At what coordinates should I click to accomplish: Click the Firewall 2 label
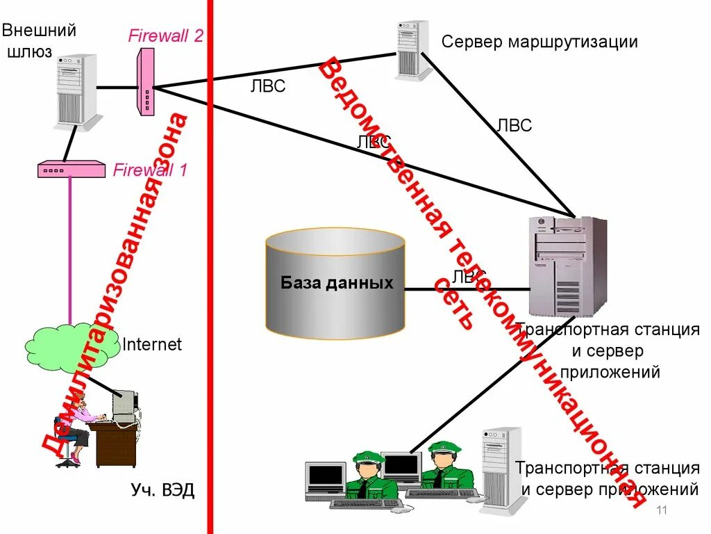165,36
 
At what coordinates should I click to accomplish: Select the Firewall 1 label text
150,169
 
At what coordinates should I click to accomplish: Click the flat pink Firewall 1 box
71,169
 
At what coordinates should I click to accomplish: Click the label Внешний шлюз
39,40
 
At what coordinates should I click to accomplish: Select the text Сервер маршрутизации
539,42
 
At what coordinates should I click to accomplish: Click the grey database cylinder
335,284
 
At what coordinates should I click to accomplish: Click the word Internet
152,344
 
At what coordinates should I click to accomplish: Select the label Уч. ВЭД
162,491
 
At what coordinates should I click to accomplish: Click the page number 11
661,511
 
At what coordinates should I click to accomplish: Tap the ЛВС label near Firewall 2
267,87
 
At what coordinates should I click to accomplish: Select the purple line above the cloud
70,250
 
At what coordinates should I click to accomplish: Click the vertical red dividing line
210,278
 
